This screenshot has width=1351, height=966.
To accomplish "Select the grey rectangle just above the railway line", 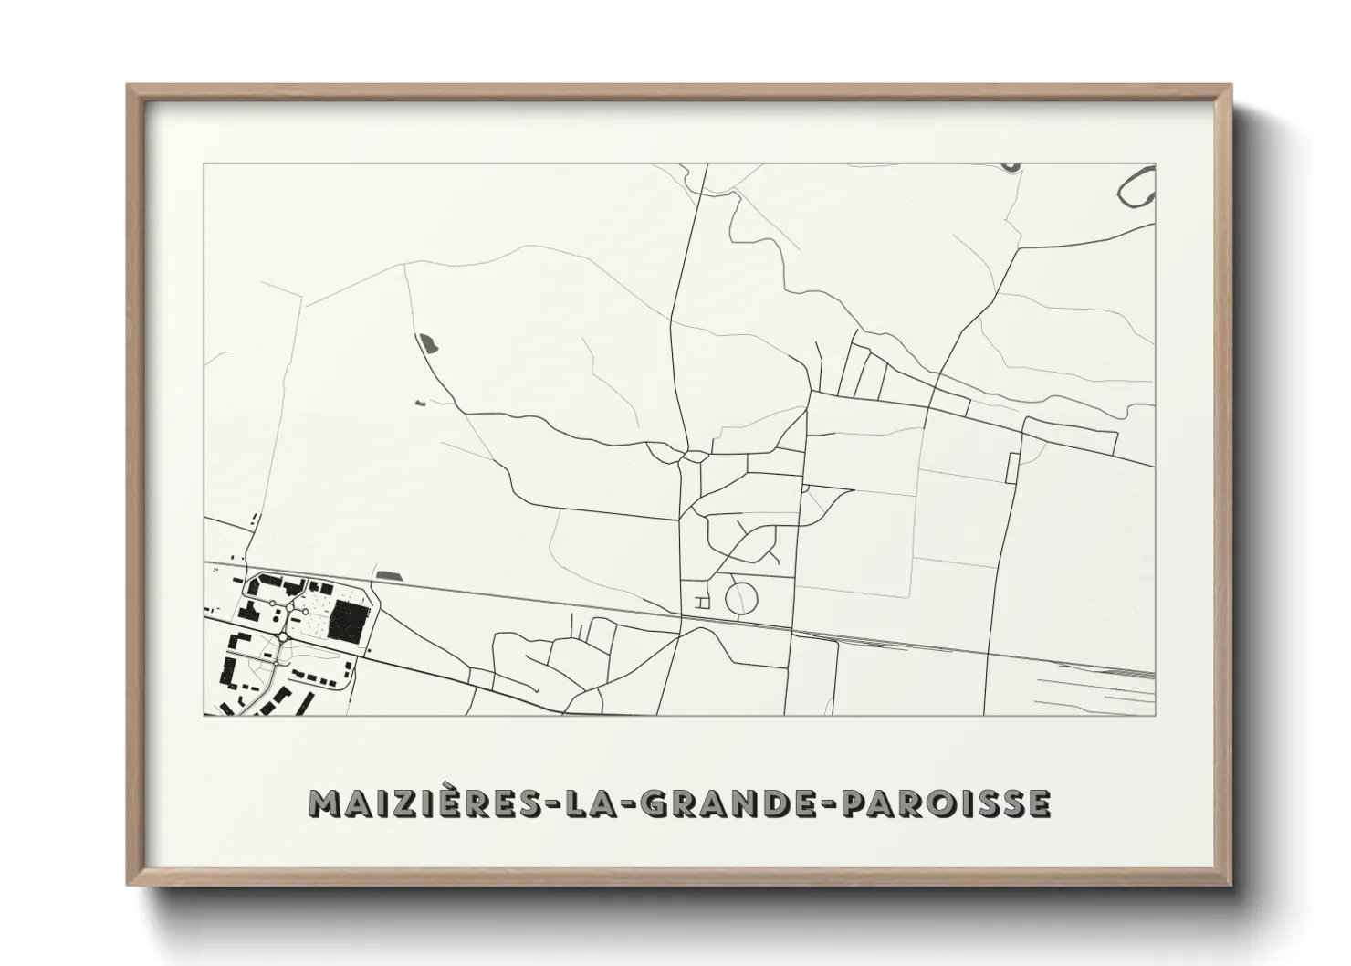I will (390, 574).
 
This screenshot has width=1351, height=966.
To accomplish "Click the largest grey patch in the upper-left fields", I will (427, 344).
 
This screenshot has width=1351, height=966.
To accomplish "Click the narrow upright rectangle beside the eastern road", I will (1011, 467).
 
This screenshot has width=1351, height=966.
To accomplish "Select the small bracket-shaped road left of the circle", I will (702, 602).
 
